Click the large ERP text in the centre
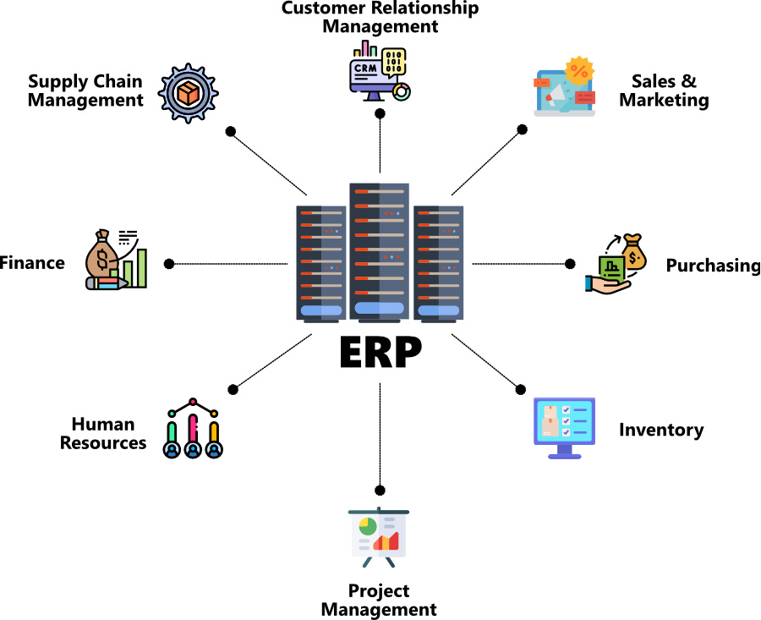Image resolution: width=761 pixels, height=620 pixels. (380, 354)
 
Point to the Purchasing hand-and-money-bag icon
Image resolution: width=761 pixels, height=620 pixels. (616, 263)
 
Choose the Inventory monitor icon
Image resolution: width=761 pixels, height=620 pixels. (565, 427)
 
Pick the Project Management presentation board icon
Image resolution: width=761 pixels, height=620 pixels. (379, 536)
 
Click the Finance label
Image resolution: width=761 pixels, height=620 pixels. (32, 263)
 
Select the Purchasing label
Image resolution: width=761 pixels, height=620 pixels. (713, 266)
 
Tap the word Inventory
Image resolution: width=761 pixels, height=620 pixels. (661, 430)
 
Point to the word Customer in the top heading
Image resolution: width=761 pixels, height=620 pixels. (318, 8)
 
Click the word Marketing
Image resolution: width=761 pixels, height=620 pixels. (664, 100)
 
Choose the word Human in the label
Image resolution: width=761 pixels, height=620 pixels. (103, 424)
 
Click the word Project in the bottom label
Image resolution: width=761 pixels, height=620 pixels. (378, 590)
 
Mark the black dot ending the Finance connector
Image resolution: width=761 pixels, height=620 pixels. (169, 264)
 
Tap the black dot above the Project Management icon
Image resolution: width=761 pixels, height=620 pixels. (380, 490)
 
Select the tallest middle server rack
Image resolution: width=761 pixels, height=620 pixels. (380, 251)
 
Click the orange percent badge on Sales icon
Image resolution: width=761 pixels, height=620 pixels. (580, 71)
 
